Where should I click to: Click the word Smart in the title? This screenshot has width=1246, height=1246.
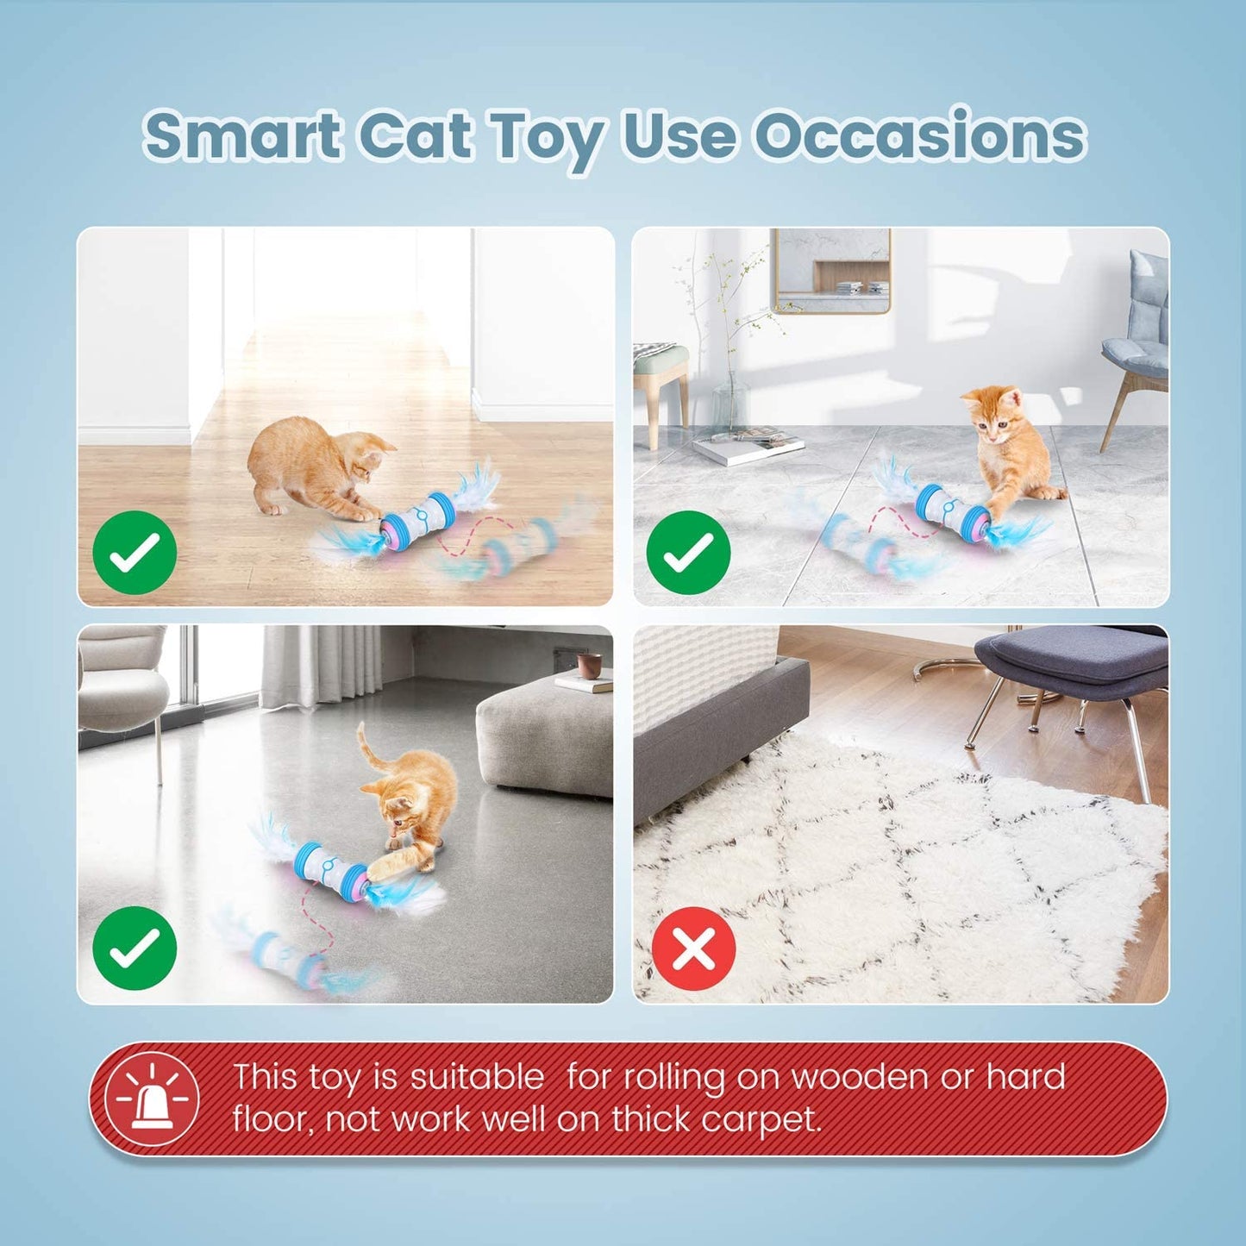242,136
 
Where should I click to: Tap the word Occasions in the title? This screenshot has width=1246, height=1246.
920,136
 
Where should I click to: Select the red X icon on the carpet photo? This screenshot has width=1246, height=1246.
693,949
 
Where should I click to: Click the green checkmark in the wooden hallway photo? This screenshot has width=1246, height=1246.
135,552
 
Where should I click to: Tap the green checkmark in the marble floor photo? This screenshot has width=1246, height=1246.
688,552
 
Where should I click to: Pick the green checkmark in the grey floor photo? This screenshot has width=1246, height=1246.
135,948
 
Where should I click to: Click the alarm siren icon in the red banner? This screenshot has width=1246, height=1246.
152,1099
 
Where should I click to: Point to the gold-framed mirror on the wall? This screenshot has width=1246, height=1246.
831,269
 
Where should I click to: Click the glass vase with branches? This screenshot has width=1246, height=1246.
729,397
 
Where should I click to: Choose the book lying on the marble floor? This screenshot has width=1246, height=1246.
748,447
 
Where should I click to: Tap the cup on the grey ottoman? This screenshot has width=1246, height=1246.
590,666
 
